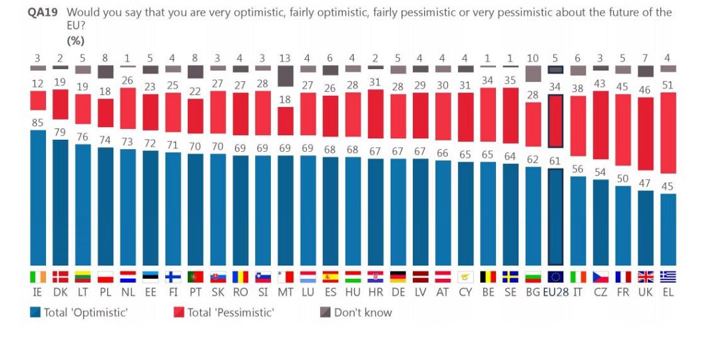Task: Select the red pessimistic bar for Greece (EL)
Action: point(668,133)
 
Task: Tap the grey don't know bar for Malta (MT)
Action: point(286,76)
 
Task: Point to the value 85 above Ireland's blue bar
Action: point(39,122)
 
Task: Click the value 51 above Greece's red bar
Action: point(668,85)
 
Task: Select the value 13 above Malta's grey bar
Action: point(286,59)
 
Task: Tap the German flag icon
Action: point(398,277)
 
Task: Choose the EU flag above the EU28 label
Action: point(555,277)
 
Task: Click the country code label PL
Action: point(106,292)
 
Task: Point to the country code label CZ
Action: point(600,292)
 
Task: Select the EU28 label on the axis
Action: point(555,292)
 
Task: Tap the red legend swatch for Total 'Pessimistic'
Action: point(178,312)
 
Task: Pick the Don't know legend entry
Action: point(362,312)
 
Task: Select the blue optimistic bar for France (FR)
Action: point(623,226)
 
